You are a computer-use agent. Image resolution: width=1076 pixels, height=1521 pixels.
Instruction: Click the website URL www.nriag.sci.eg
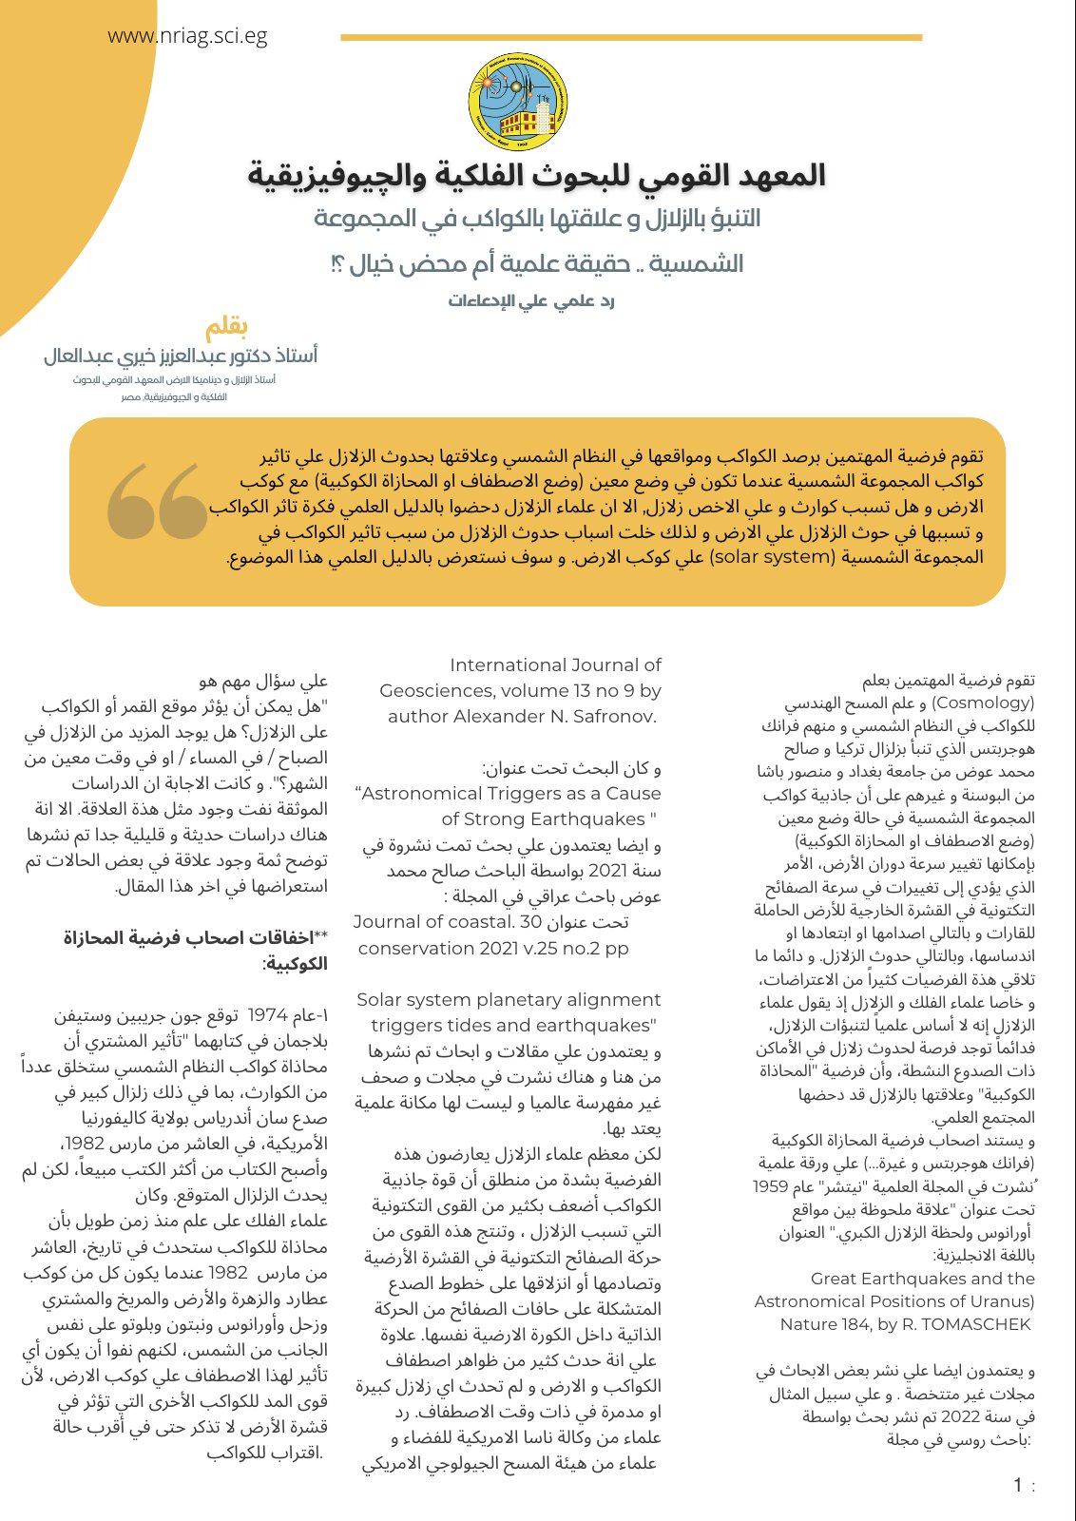tap(187, 37)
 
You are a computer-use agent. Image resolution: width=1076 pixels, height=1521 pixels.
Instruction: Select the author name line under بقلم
tap(181, 356)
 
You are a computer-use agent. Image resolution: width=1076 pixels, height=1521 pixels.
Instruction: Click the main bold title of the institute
tap(537, 176)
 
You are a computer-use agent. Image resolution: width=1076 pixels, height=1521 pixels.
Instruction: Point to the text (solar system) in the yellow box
tap(771, 556)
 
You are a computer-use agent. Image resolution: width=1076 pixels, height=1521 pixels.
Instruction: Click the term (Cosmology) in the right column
tap(983, 703)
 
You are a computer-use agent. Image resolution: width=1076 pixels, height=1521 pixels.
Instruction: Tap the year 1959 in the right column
tap(770, 1186)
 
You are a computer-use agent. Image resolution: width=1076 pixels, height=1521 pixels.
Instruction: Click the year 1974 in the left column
tap(267, 1015)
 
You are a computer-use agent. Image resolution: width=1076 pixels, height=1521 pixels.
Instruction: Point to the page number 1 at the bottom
tap(1018, 1486)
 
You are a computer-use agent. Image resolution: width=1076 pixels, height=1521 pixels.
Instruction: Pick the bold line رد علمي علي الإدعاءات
tap(532, 301)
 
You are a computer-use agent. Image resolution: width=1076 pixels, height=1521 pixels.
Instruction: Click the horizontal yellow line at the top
tap(631, 38)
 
